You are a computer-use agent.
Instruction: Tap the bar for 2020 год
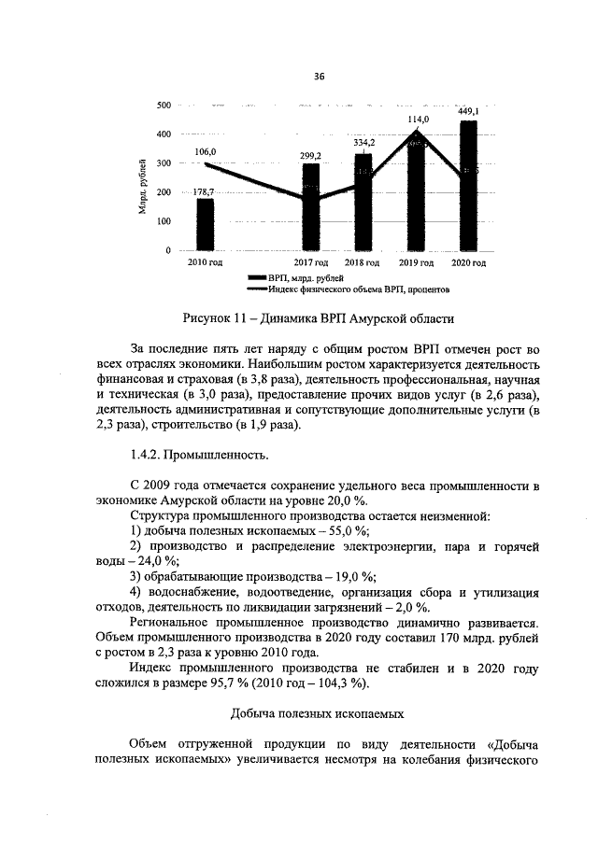[x=468, y=187]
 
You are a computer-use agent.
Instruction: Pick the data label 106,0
[x=206, y=151]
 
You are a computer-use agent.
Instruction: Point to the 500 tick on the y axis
[x=163, y=106]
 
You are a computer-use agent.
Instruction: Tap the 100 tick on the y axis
[x=163, y=221]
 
